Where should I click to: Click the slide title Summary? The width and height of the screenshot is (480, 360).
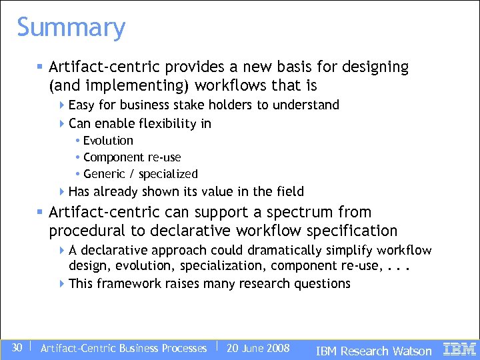(x=71, y=28)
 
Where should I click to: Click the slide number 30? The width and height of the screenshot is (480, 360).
(x=17, y=348)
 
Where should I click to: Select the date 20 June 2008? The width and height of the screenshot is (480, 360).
(x=258, y=348)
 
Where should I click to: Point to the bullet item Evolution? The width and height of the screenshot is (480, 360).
(x=108, y=141)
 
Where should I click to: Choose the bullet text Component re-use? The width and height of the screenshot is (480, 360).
(x=132, y=157)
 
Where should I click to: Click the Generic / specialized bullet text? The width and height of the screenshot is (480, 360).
(x=141, y=174)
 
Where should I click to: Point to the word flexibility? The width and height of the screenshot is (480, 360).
(x=166, y=123)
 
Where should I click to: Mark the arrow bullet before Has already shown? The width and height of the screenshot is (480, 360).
(x=61, y=191)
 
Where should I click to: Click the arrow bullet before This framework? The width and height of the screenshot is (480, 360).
(x=61, y=283)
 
